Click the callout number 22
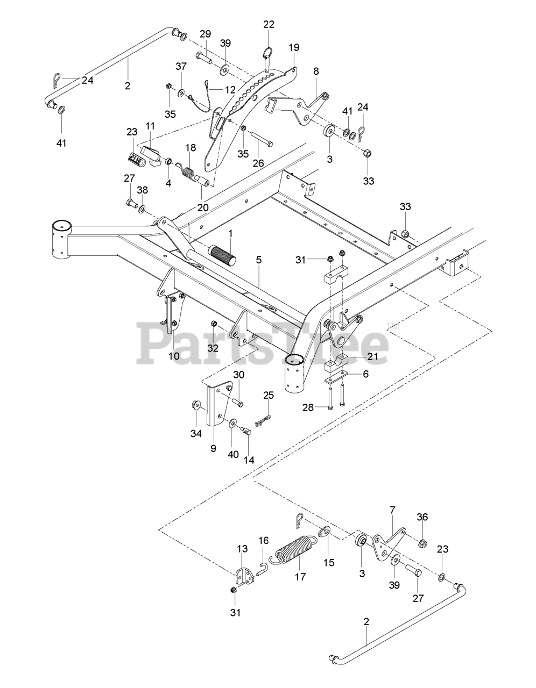pyautogui.click(x=269, y=24)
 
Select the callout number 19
pyautogui.click(x=294, y=47)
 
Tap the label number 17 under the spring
pyautogui.click(x=300, y=577)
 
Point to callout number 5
pyautogui.click(x=259, y=260)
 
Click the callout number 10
pyautogui.click(x=174, y=356)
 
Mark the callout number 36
pyautogui.click(x=422, y=517)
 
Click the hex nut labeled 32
pyautogui.click(x=213, y=324)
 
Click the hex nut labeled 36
pyautogui.click(x=423, y=543)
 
